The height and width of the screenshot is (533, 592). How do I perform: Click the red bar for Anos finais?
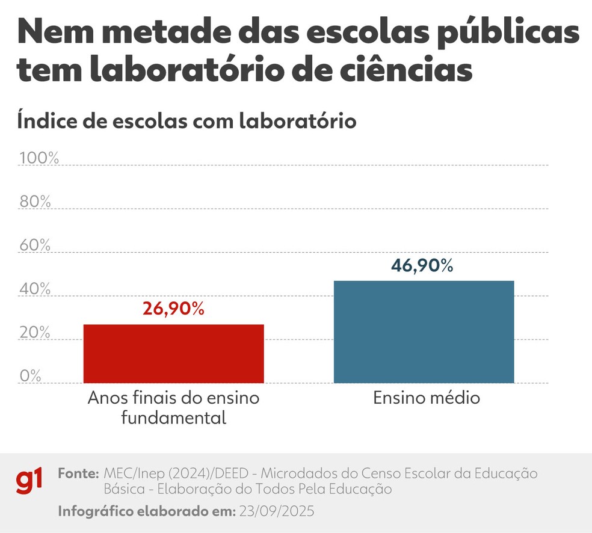(x=173, y=353)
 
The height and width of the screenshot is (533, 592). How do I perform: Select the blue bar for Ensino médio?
(x=424, y=331)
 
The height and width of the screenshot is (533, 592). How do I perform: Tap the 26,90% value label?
(x=173, y=309)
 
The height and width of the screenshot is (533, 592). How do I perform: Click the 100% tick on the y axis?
(x=39, y=158)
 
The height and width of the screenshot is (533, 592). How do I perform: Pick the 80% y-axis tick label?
(x=35, y=202)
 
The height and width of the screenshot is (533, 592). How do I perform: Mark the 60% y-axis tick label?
(x=35, y=245)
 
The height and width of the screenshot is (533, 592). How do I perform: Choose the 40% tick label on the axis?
(x=35, y=289)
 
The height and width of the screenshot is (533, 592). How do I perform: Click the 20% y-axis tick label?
(x=35, y=333)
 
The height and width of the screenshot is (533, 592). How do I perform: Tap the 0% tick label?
(x=31, y=376)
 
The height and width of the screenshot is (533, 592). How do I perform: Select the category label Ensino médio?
(x=426, y=398)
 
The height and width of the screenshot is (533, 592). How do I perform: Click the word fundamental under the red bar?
(x=173, y=417)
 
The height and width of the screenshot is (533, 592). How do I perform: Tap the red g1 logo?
(x=29, y=481)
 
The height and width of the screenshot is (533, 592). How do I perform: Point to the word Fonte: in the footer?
(x=78, y=473)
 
